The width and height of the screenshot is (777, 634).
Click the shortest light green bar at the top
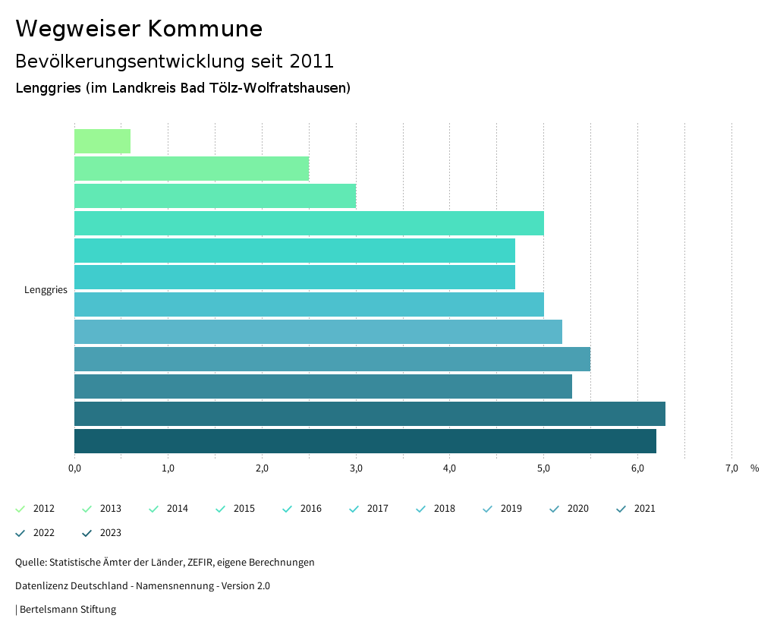102,141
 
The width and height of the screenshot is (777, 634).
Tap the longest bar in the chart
370,414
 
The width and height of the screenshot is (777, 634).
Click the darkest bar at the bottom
365,441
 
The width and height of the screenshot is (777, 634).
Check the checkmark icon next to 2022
20,533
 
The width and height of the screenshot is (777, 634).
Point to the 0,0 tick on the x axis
74,468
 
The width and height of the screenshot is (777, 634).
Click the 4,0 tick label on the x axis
449,468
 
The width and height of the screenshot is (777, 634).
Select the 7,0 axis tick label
731,468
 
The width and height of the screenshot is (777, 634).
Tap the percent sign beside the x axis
754,468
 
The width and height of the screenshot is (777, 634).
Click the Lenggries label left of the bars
46,290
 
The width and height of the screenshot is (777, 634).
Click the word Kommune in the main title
206,29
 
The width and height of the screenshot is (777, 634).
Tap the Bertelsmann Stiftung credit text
68,609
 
